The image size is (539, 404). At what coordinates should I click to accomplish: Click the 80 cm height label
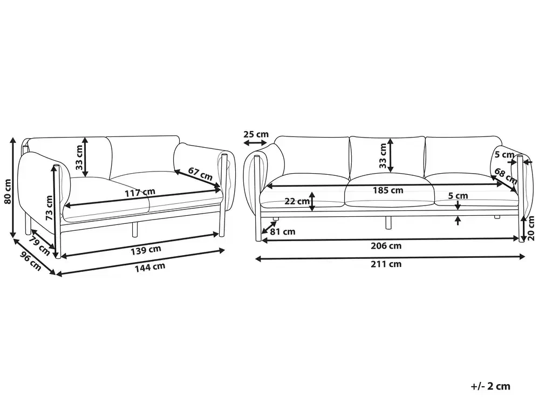coord(8,191)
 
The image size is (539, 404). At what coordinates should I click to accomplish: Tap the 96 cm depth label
coord(31,261)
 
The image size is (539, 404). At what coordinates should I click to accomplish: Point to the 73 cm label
coord(49,208)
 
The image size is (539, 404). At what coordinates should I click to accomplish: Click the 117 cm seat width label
coord(140,193)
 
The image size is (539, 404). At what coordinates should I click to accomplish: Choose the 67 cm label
coord(200,173)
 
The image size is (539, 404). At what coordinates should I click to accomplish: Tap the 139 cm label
coord(146,250)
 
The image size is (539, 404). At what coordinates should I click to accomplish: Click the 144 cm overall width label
coord(150,267)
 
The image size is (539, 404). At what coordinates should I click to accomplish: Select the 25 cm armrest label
coord(256,134)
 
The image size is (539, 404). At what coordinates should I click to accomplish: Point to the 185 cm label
coord(388,190)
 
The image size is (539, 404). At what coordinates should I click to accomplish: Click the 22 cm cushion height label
coord(297,201)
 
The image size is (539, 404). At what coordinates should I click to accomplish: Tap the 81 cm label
coord(283,231)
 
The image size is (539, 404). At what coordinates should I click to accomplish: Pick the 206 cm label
coord(386,245)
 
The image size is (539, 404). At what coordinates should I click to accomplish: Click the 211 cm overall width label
coord(386,264)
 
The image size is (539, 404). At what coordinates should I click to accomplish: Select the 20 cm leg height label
coord(531,228)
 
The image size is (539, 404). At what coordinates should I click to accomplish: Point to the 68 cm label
coord(506,175)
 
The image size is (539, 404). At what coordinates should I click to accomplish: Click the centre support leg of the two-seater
coord(135,229)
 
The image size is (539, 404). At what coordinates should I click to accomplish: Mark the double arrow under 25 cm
coord(255,142)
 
